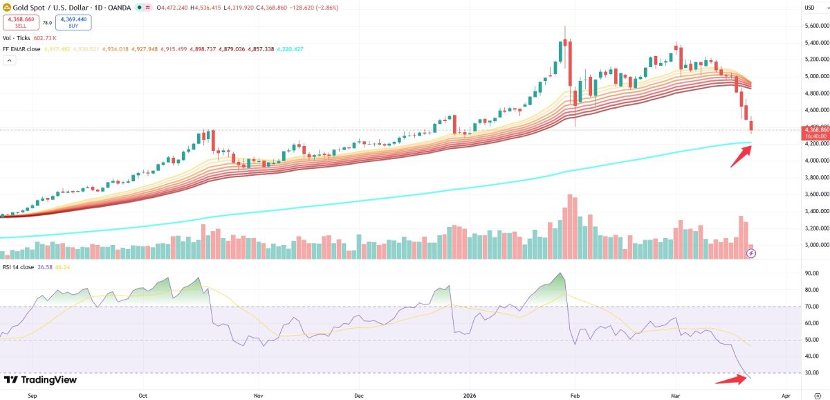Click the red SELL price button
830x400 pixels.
point(20,22)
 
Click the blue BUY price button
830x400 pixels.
point(73,22)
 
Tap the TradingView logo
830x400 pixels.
point(40,380)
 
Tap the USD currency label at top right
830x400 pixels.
point(809,8)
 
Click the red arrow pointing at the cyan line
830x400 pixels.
point(741,156)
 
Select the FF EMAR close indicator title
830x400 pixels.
point(21,49)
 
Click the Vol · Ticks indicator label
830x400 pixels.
point(17,38)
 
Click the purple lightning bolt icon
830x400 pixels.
point(752,253)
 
